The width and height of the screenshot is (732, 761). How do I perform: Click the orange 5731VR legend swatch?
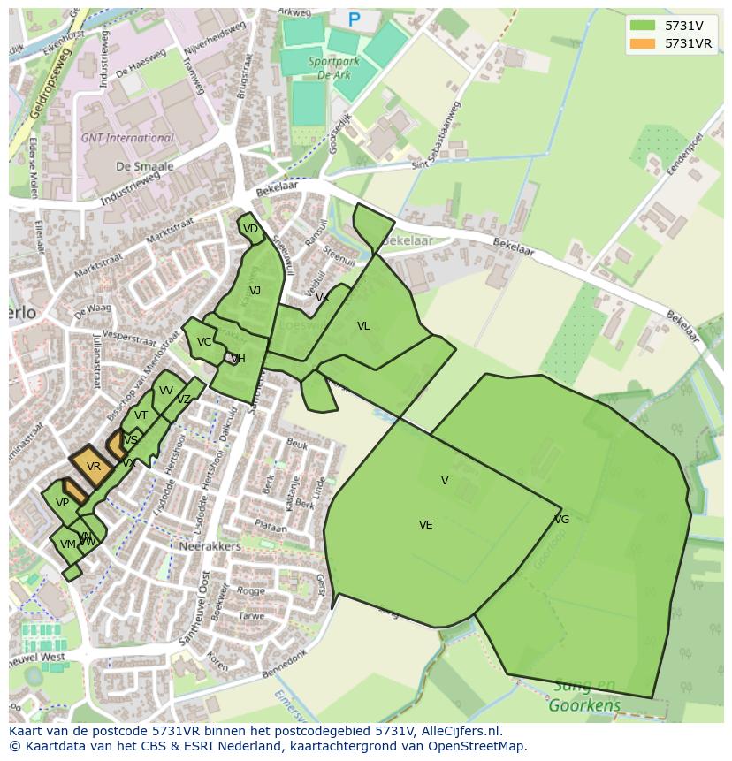(x=643, y=43)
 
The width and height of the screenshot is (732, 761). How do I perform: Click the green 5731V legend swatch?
(x=643, y=26)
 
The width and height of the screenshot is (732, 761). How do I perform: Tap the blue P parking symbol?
(x=355, y=19)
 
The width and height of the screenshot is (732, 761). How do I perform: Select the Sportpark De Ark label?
(x=329, y=69)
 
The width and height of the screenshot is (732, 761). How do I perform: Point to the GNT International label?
(x=127, y=138)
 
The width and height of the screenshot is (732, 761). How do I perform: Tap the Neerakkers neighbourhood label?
(x=210, y=546)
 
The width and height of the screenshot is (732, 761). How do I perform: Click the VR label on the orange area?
(x=94, y=466)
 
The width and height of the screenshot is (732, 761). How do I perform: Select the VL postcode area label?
(x=363, y=326)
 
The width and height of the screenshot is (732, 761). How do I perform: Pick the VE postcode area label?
(x=426, y=525)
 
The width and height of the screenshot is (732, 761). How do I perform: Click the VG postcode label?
(x=561, y=519)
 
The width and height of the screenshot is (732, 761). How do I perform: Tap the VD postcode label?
(x=250, y=229)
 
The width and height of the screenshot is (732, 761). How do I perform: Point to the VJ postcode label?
(x=255, y=291)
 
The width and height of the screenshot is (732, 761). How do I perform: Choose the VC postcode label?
(x=204, y=342)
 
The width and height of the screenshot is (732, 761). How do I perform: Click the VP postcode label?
(x=62, y=503)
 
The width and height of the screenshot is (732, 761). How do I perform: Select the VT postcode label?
(x=141, y=415)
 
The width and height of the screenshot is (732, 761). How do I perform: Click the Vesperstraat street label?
(x=128, y=339)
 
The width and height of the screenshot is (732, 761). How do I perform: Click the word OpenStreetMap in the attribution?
(x=477, y=746)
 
